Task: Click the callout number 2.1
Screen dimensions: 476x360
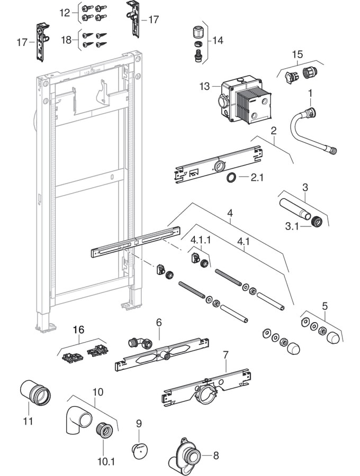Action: [x=257, y=178]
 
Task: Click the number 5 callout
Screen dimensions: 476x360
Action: [x=325, y=305]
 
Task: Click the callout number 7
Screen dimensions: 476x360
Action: [x=225, y=353]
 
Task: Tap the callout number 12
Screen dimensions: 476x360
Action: [x=65, y=12]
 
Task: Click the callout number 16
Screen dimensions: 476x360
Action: [x=78, y=329]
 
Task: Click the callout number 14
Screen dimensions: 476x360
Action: [x=218, y=40]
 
